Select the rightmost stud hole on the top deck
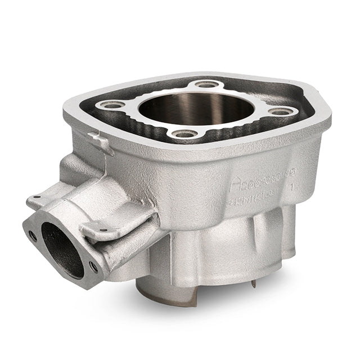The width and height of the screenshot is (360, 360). tap(280, 111)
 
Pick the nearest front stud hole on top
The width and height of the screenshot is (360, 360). tap(182, 134)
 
